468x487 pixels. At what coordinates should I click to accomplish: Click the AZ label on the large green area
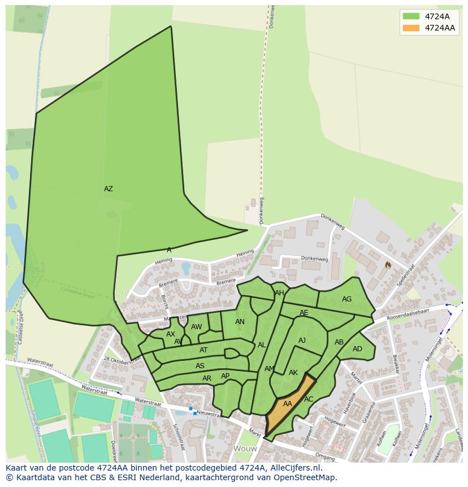point(108,189)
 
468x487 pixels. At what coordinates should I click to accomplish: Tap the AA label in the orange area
point(288,404)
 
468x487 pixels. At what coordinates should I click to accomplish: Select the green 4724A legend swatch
point(411,16)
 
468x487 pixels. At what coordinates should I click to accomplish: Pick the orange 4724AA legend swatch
point(411,28)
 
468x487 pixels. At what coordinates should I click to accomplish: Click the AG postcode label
point(346,299)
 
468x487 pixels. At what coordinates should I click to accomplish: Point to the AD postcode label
point(357,349)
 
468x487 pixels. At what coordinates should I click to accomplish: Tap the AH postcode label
point(279,293)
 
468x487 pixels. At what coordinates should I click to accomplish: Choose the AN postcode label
point(240,322)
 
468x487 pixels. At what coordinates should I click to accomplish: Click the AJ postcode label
point(302,341)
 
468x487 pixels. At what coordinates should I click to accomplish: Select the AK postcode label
point(293,373)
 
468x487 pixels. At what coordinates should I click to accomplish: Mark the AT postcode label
point(203,351)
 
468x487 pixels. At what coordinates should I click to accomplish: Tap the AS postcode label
point(200,366)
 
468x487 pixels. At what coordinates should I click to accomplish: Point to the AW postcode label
point(196,327)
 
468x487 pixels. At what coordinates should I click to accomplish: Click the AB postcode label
point(339,342)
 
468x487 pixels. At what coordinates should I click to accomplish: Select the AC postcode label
point(309,399)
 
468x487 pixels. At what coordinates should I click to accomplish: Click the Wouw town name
point(245,449)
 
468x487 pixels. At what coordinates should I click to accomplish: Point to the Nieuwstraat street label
point(209,414)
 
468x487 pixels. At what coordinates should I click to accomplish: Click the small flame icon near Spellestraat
point(388,264)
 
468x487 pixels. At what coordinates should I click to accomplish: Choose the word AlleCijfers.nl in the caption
point(294,468)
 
